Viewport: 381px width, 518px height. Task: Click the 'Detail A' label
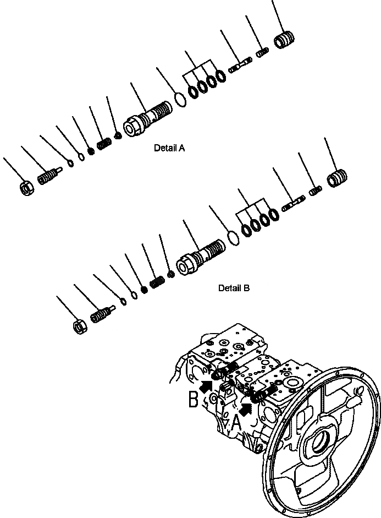point(170,148)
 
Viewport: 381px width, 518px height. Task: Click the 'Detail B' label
point(234,288)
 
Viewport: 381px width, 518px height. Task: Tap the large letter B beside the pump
point(194,399)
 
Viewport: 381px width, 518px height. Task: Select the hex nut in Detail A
point(26,189)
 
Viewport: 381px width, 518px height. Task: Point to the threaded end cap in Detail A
point(285,41)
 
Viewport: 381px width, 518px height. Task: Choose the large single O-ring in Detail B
point(233,238)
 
